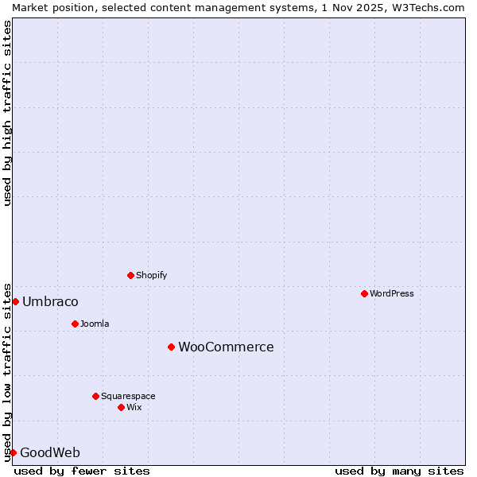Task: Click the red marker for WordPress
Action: pyautogui.click(x=364, y=293)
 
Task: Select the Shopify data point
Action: pyautogui.click(x=130, y=275)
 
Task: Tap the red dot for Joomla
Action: pyautogui.click(x=75, y=324)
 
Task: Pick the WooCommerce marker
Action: pyautogui.click(x=171, y=347)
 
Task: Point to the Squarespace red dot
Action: pyautogui.click(x=95, y=396)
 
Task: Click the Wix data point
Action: pyautogui.click(x=121, y=407)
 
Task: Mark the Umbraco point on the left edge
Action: pyautogui.click(x=15, y=301)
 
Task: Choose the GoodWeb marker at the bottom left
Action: pyautogui.click(x=13, y=452)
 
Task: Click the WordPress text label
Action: pyautogui.click(x=392, y=293)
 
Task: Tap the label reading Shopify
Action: pyautogui.click(x=151, y=275)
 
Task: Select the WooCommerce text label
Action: pyautogui.click(x=226, y=347)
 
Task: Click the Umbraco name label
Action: pyautogui.click(x=50, y=301)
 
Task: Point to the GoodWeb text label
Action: pyautogui.click(x=50, y=452)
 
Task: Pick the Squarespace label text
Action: pyautogui.click(x=128, y=396)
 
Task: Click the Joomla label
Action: pyautogui.click(x=95, y=324)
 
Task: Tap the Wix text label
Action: pyautogui.click(x=134, y=407)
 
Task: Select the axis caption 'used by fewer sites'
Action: pyautogui.click(x=82, y=471)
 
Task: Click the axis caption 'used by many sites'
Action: pyautogui.click(x=399, y=471)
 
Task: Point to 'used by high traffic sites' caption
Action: pyautogui.click(x=7, y=113)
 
